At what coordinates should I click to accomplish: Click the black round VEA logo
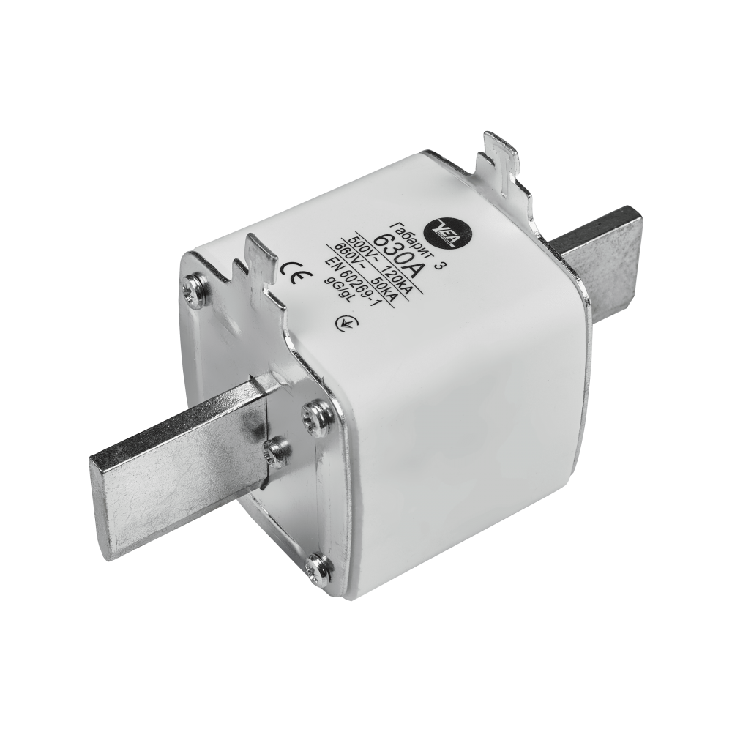436,231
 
